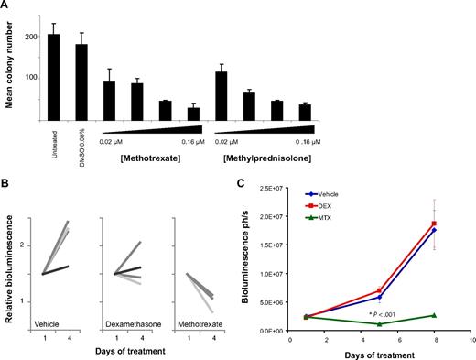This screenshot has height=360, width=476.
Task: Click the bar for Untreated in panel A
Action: (53, 78)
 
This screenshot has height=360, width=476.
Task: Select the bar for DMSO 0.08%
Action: (81, 82)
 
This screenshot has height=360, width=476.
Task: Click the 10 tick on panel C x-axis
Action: (470, 339)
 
